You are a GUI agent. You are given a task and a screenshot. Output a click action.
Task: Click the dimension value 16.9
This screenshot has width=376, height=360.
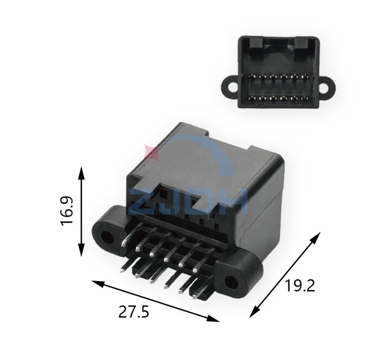pos(66,211)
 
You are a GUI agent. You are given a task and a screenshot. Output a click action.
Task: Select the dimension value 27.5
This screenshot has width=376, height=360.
pos(134,312)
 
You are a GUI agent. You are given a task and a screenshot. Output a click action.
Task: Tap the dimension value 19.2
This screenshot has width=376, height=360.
pos(299,285)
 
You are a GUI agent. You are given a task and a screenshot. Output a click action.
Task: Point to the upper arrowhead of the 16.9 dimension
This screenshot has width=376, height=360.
pos(82,173)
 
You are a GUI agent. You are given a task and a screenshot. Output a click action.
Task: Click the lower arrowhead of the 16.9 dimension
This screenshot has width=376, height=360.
pos(82,250)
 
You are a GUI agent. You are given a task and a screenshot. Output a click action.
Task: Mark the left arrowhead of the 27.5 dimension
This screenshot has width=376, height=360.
pos(98,284)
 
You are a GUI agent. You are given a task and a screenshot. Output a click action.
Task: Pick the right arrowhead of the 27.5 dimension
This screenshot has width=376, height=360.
pos(213,318)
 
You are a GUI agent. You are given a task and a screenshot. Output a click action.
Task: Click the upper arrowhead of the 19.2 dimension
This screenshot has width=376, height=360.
pos(316,238)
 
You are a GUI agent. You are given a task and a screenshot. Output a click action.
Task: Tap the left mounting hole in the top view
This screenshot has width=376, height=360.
pos(232,88)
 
